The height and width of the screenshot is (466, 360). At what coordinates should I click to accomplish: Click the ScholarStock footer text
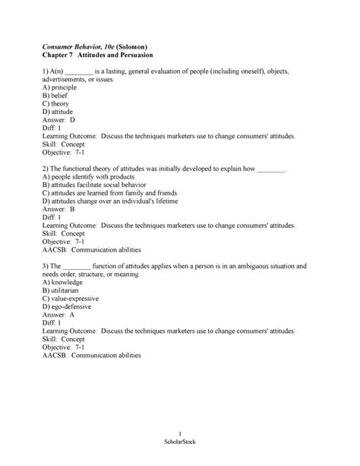pyautogui.click(x=179, y=444)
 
